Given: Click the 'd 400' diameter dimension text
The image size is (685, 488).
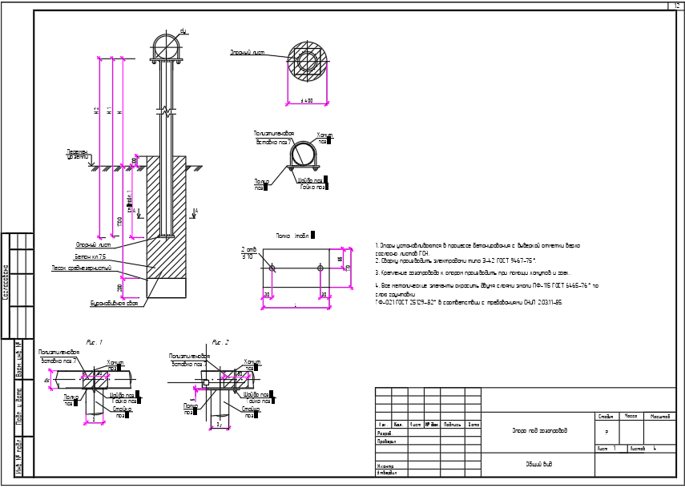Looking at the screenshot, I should tap(306, 102).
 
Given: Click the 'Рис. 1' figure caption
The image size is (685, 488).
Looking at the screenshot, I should tap(95, 342).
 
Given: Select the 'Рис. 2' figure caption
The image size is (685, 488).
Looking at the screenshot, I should tap(220, 342).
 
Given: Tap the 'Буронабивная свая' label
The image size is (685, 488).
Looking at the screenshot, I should tap(115, 304).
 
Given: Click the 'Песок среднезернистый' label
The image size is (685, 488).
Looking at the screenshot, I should tap(82, 268).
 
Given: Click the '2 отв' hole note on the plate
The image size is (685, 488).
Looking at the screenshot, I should tap(248, 249).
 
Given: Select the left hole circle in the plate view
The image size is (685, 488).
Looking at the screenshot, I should tap(272, 268).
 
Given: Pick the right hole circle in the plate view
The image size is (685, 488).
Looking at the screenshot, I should tap(320, 268).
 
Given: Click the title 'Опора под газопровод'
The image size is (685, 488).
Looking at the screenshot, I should tap(539, 431).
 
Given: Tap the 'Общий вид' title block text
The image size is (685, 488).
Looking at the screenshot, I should tap(538, 464).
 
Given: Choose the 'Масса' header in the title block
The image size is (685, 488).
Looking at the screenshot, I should tap(631, 417).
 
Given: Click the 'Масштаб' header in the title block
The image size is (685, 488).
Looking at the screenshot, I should tap(660, 417).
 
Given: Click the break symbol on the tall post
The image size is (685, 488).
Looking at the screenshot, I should tap(166, 109).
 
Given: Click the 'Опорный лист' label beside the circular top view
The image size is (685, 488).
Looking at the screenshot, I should tap(248, 53).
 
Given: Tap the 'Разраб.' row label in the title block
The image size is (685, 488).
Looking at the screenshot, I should tap(385, 433).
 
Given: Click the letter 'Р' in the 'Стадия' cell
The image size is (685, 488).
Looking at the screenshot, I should tap(606, 431).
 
